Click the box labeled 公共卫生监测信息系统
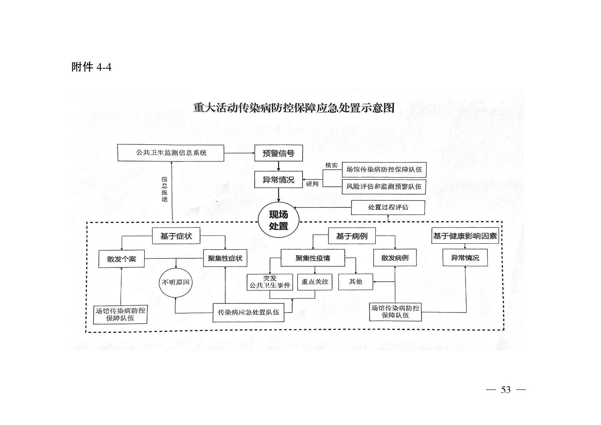[171, 153]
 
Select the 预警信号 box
[278, 153]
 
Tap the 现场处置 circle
[278, 220]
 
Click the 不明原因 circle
[176, 283]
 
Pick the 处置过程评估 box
[388, 207]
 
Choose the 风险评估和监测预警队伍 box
[384, 187]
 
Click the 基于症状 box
[176, 236]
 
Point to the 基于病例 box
[352, 236]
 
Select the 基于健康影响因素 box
[465, 236]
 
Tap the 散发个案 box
[121, 259]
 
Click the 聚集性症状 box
[225, 258]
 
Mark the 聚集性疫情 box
[313, 258]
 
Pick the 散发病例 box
[395, 258]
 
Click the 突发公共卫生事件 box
[270, 282]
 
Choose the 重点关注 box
[315, 282]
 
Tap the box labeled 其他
[355, 282]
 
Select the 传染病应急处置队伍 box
[248, 313]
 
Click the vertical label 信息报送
[164, 189]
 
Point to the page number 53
[506, 390]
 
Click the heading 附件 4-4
[91, 67]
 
